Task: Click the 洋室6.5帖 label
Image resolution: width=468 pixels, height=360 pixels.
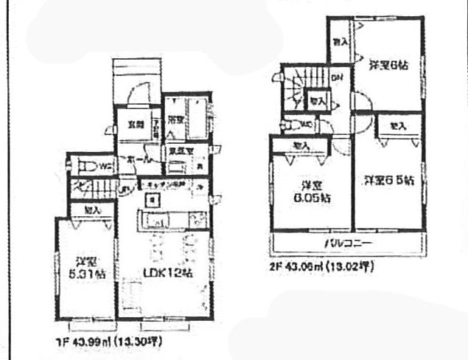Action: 388,179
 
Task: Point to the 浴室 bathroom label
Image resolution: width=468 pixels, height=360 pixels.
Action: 175,119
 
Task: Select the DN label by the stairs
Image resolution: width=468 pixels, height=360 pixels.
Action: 335,77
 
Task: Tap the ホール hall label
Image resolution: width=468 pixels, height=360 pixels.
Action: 137,159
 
